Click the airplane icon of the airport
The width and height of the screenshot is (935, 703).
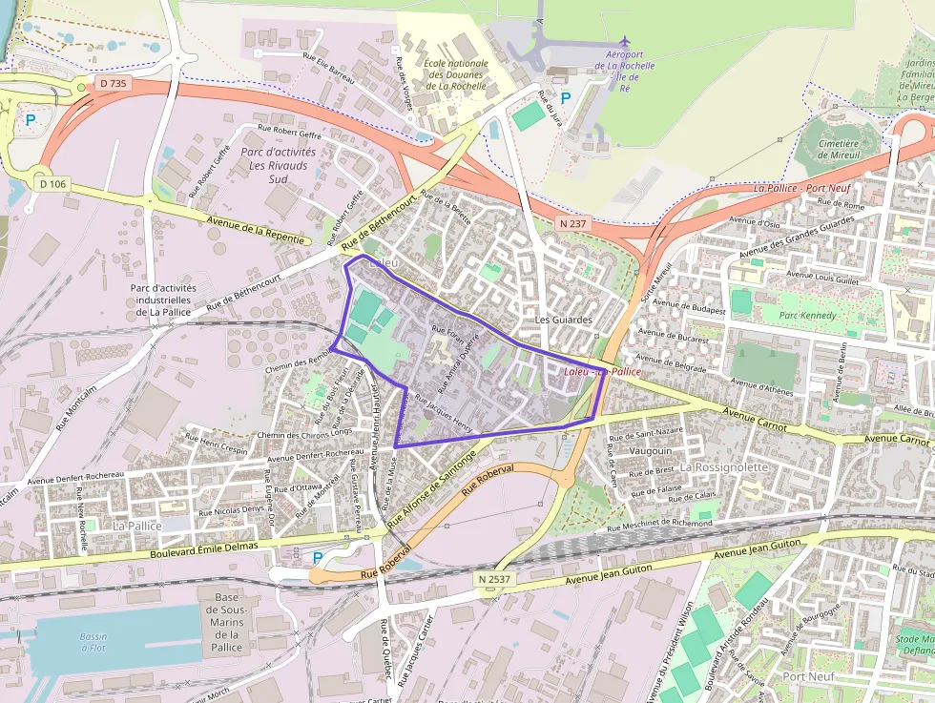click(x=625, y=41)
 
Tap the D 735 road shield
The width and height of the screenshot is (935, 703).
click(x=113, y=84)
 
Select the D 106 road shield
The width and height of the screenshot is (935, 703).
click(x=52, y=182)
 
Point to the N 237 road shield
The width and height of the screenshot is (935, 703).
click(x=572, y=222)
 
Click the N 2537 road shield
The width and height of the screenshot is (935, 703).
click(x=493, y=579)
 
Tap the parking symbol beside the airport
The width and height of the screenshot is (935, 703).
click(x=566, y=97)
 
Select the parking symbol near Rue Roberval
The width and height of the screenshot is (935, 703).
click(x=318, y=557)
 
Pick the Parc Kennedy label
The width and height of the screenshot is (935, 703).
click(x=806, y=315)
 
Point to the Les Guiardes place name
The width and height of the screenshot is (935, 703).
click(x=564, y=320)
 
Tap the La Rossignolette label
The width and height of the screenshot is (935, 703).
click(x=723, y=467)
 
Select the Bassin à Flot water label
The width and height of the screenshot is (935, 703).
click(x=93, y=642)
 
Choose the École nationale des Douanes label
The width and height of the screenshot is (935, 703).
click(x=455, y=74)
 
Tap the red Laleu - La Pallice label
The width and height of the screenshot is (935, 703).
click(x=602, y=371)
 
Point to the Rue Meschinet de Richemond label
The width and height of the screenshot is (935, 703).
click(x=659, y=525)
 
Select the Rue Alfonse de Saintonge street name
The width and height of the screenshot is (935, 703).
click(x=430, y=488)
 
